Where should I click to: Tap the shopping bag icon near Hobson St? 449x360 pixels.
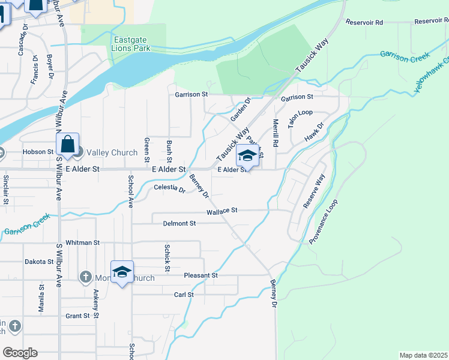pos(67,145)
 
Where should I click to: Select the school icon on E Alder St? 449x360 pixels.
pos(247,156)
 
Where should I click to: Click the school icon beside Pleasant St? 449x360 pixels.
pos(122,272)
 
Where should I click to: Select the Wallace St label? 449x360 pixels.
pos(222,211)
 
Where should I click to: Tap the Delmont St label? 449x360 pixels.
pos(179,224)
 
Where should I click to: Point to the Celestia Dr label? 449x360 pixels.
pos(170,188)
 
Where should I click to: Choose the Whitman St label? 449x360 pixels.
pos(83,242)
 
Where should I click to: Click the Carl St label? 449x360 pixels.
pos(184,295)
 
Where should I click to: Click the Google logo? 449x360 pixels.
pos(20,353)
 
